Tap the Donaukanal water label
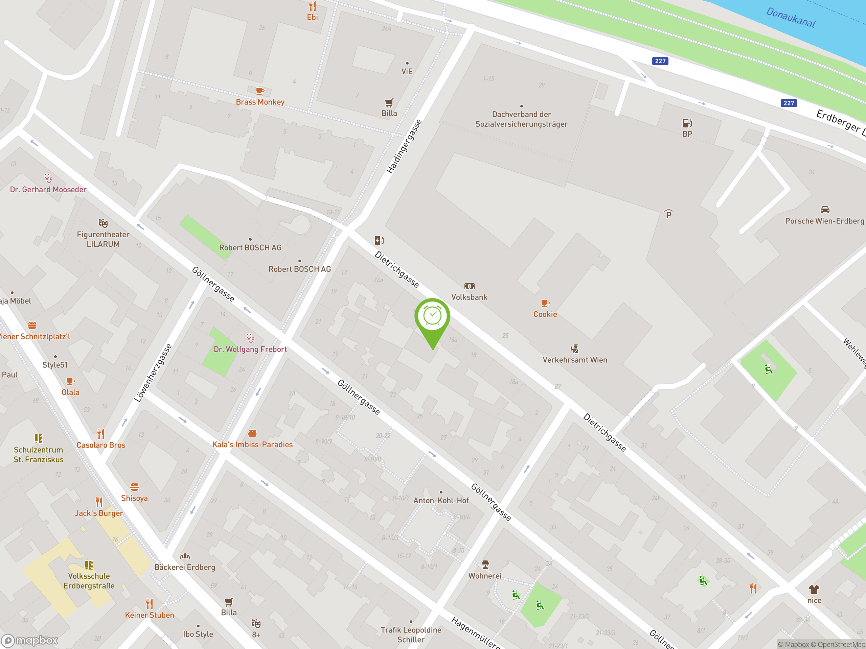(791, 18)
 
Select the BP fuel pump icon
(687, 123)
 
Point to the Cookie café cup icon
(545, 303)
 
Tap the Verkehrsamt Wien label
(575, 360)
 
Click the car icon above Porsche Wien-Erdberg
(824, 210)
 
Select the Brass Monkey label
(260, 102)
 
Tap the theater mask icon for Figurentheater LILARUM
(103, 223)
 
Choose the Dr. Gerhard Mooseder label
(48, 190)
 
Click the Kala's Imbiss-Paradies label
(252, 444)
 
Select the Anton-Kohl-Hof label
(441, 500)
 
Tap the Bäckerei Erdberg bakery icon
(185, 556)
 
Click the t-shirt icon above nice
(814, 589)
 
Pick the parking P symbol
(669, 214)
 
